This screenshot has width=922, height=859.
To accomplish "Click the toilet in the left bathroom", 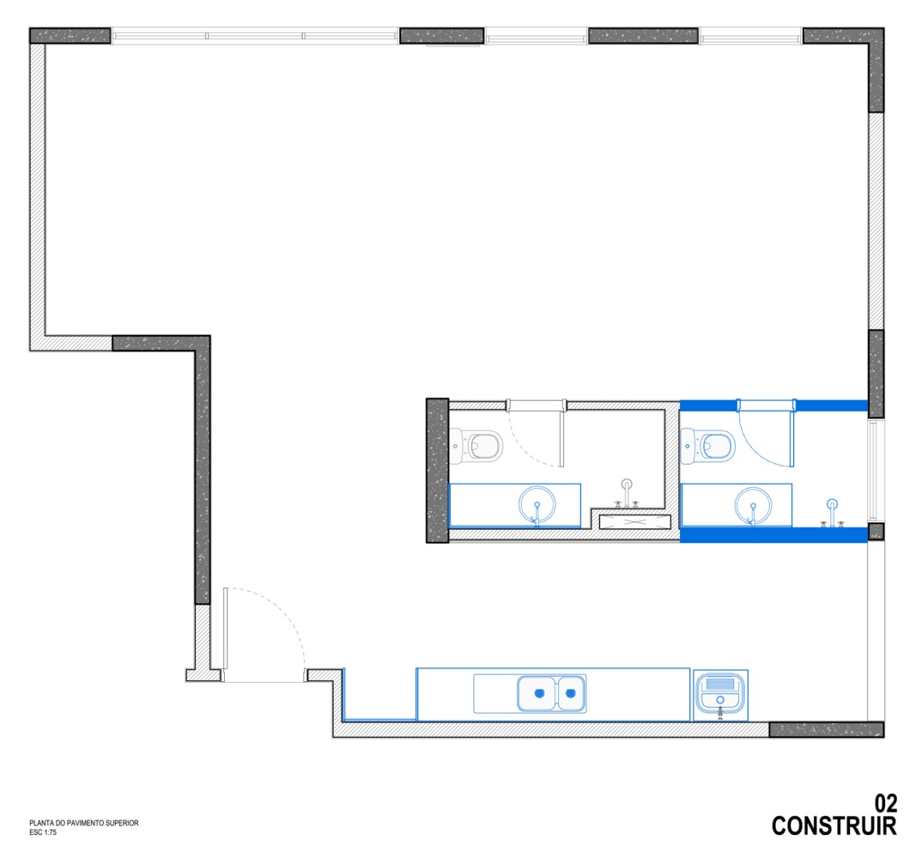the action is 476,445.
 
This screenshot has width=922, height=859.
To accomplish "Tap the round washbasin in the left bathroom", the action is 537,505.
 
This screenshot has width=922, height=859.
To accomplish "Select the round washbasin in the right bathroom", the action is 753,505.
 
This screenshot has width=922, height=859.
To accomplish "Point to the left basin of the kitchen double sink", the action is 537,693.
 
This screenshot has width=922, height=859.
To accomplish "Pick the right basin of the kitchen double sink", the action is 570,693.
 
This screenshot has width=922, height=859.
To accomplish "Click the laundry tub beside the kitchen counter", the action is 720,695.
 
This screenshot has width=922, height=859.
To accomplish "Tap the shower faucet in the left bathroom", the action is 627,494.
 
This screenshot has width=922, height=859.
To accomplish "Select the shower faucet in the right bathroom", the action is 832,513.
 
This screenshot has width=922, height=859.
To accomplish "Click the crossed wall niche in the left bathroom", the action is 635,522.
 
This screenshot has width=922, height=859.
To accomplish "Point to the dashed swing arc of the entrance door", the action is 276,612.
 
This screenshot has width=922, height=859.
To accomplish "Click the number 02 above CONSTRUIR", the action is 886,803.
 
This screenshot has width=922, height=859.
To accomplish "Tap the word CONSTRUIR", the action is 834,826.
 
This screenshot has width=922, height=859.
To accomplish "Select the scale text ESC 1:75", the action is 43,832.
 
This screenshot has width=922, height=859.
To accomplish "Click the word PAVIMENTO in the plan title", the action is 85,823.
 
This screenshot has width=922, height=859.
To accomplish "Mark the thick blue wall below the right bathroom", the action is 773,535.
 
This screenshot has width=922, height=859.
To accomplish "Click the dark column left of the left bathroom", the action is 438,470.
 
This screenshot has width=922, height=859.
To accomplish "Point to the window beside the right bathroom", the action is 876,470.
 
